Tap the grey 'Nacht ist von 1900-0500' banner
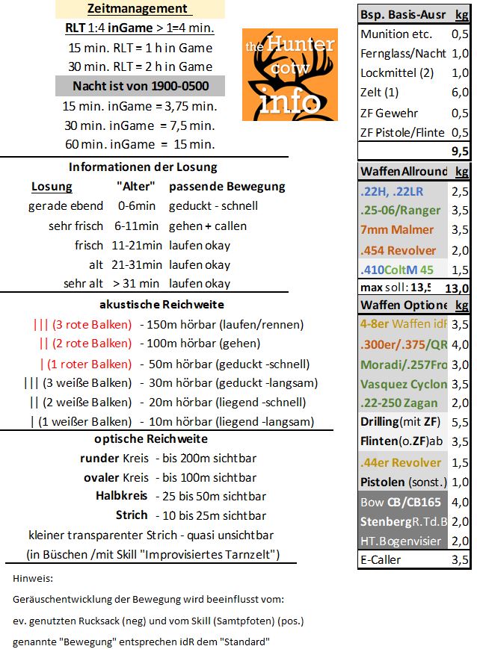point(139,86)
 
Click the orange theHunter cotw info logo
point(289,75)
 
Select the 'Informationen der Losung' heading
point(143,167)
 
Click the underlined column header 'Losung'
point(52,186)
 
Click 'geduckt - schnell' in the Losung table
point(213,206)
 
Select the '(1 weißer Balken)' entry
point(81,422)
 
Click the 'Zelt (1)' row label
point(380,93)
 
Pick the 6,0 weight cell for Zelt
point(460,93)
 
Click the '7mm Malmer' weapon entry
point(396,230)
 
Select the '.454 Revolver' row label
point(398,249)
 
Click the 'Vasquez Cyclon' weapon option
point(403,385)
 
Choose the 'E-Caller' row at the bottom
point(381,559)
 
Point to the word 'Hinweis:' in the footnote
point(33,578)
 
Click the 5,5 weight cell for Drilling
point(460,423)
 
